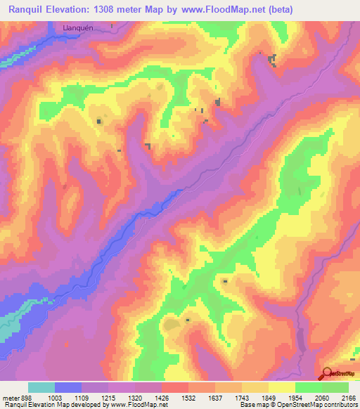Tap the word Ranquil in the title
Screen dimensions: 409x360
(29, 9)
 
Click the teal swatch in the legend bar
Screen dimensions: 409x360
(41, 387)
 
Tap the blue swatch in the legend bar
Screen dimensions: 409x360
(68, 387)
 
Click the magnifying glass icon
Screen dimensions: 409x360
(326, 372)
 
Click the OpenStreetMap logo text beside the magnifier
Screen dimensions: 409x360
(344, 375)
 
